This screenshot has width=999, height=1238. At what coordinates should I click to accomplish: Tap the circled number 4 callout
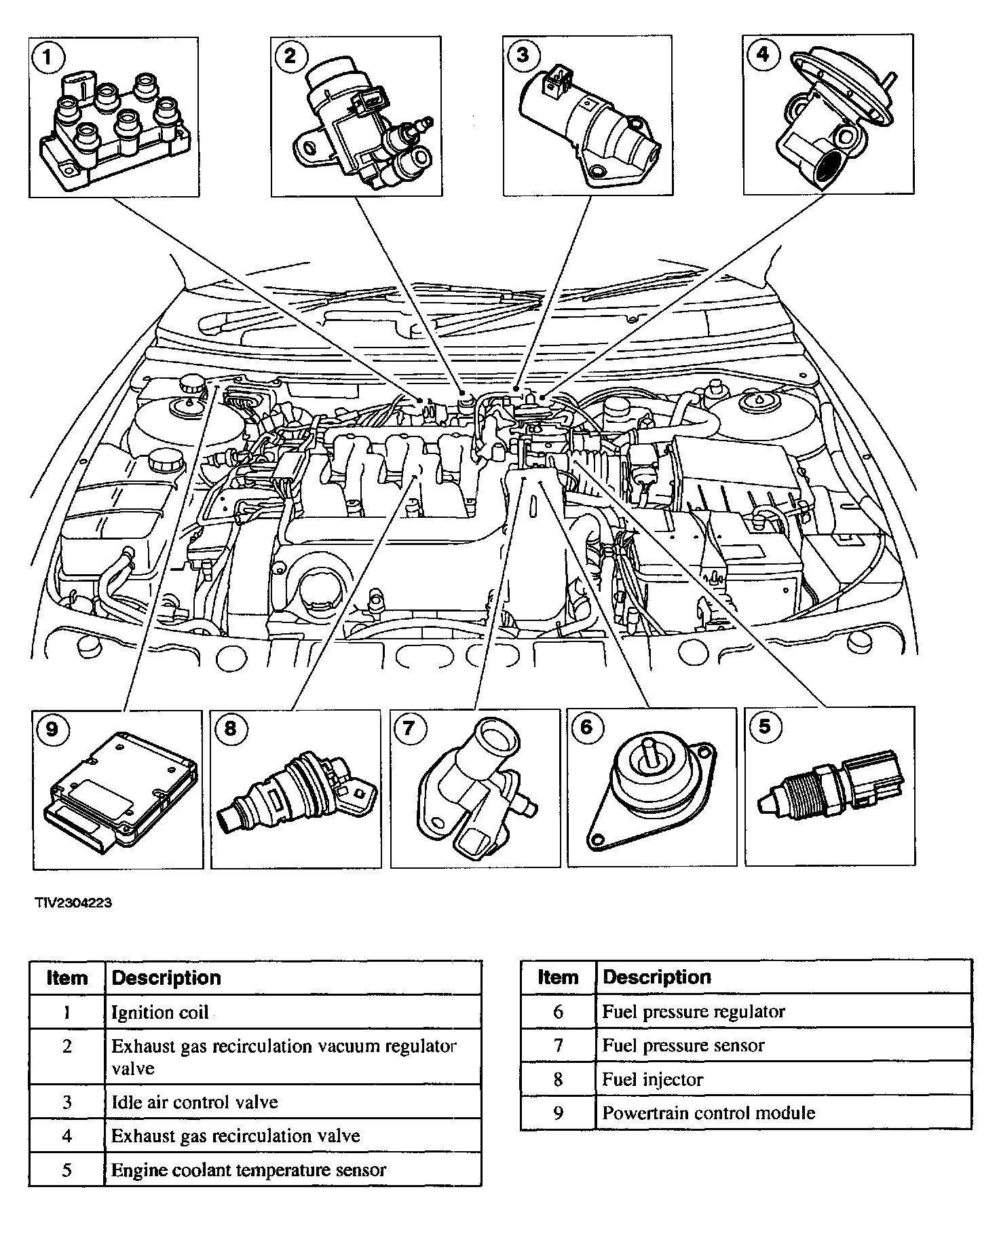pos(763,54)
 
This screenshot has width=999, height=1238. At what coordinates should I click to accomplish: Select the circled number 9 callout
pos(52,729)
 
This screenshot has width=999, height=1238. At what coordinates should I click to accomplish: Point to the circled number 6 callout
pos(586,728)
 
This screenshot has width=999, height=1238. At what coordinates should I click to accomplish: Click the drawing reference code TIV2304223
pos(74,903)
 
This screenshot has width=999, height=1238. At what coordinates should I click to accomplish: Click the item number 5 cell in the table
pos(67,1170)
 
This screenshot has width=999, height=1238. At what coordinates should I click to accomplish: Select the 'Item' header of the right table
pos(558,977)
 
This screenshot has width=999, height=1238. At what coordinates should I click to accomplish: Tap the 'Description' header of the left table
pos(166,978)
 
